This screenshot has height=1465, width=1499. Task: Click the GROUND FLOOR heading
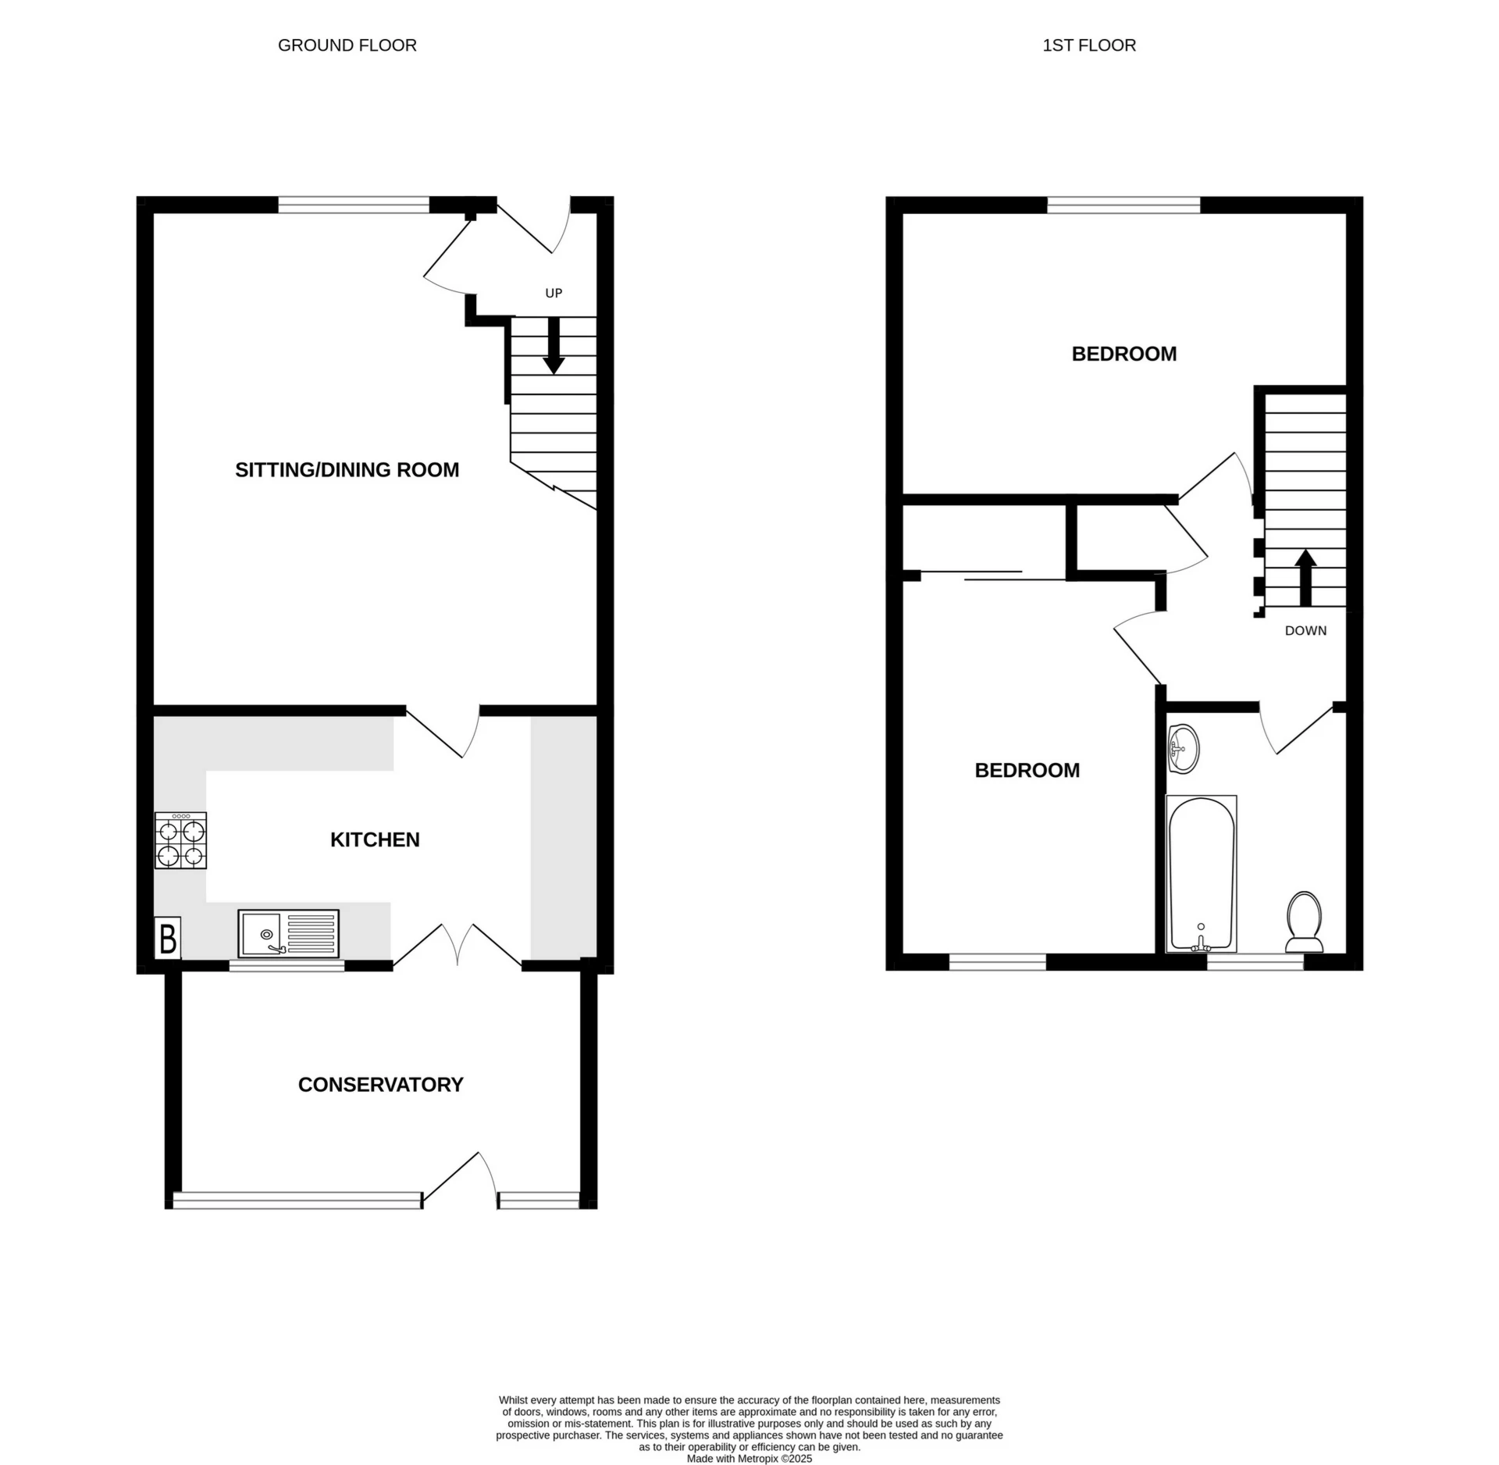coord(347,45)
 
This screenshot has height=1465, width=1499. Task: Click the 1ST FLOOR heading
coord(1088,45)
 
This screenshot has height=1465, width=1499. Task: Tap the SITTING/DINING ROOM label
coord(347,469)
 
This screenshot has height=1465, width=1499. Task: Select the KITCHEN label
coord(375,839)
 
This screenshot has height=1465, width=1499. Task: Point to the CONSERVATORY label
coord(380,1084)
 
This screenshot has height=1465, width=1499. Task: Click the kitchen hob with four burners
coord(180,841)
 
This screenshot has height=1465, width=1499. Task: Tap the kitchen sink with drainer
coord(288,933)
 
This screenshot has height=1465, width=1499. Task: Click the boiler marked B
coord(167,938)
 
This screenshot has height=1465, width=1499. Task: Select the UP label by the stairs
coord(554,293)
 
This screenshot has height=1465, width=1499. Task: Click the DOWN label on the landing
coord(1305,630)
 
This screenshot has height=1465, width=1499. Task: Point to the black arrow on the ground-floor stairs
coord(554,346)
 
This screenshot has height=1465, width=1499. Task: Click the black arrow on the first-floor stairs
coord(1305,578)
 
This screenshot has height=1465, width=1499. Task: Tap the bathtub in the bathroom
coord(1201,874)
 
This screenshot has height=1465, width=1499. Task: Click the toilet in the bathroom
coord(1304,922)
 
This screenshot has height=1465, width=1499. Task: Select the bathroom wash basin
coord(1184,748)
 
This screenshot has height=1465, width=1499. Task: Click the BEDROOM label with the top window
coord(1123,354)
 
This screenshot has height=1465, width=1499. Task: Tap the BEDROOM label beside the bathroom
coord(1027,770)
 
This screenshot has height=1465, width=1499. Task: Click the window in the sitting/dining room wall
coord(354,205)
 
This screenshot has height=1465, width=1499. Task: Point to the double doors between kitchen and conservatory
coord(458,946)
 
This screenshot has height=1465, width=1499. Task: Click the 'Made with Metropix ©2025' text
coord(749,1458)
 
